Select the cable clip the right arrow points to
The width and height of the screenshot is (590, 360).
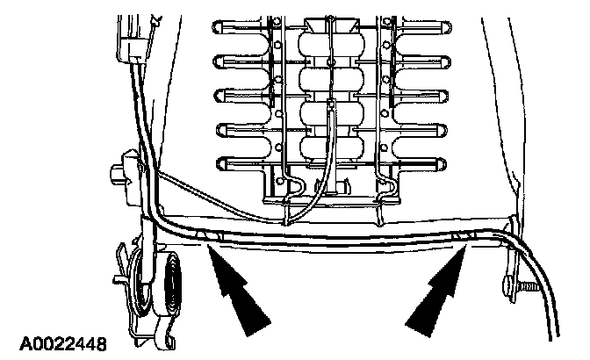click(x=463, y=236)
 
